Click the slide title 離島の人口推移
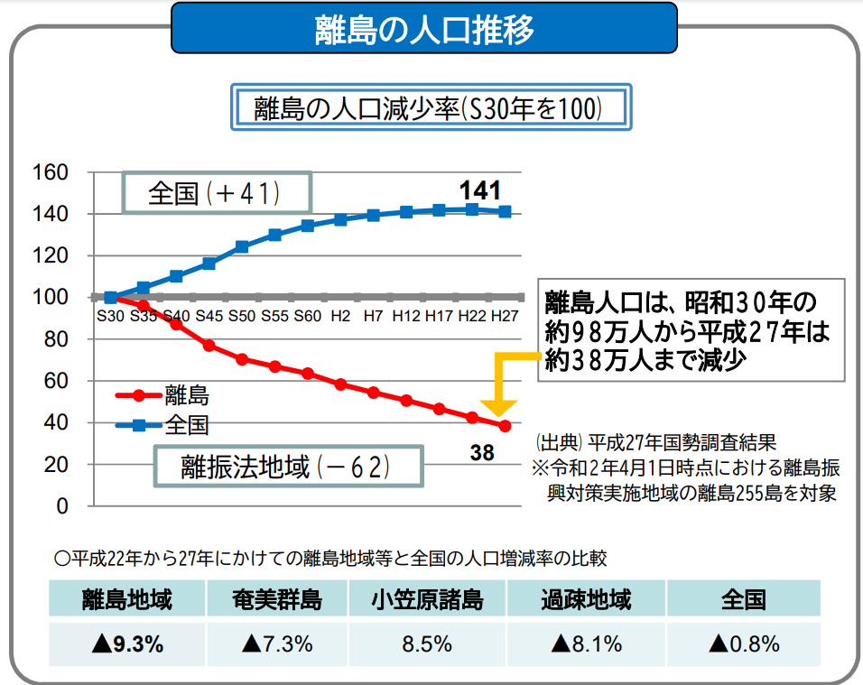pos(424,29)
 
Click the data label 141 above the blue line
pos(479,190)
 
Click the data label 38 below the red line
pos(483,452)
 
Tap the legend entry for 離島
pos(165,394)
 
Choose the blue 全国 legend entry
pos(165,424)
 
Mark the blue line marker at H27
pos(505,212)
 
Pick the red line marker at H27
pos(505,426)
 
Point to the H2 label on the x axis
pos(340,316)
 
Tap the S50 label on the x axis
pos(241,316)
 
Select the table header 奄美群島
pos(276,599)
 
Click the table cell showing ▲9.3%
pos(126,644)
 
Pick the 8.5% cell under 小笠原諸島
pos(428,644)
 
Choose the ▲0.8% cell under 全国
pos(744,644)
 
